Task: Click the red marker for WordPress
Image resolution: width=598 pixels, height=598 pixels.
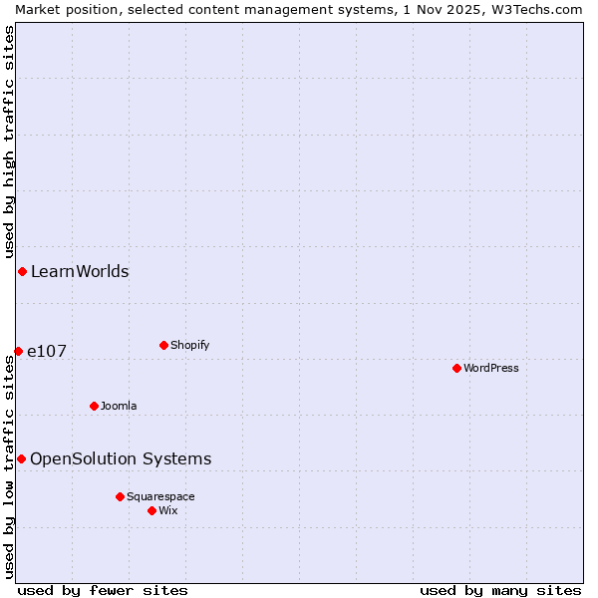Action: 456,368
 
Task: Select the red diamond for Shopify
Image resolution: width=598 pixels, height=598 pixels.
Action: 163,345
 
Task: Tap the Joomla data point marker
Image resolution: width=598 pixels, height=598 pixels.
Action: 94,406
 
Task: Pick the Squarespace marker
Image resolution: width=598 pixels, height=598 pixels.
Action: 120,496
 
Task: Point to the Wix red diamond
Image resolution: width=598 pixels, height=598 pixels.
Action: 151,510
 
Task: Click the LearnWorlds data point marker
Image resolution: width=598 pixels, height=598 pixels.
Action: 22,271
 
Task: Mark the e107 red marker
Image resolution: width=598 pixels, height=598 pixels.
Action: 18,351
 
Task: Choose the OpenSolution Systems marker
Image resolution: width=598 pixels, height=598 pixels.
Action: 21,458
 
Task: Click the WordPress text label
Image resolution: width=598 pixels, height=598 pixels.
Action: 491,368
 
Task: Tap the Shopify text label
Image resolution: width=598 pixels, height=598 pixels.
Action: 189,345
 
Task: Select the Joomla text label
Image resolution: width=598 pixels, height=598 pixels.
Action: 119,406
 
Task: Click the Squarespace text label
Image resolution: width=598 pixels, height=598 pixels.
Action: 160,496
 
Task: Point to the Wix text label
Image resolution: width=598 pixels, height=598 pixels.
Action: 168,510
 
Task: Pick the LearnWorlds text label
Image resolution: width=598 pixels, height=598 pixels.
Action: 80,271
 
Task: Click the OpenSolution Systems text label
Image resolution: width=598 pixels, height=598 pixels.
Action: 121,458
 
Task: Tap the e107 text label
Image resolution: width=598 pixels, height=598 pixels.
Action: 47,351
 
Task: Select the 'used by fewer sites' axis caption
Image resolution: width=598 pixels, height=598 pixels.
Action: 103,590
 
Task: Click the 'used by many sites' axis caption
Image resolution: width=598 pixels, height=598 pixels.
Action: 500,590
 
